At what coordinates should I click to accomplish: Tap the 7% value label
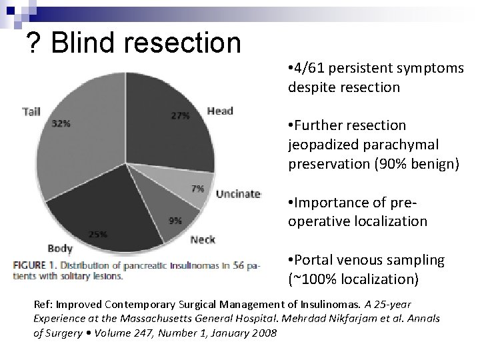(197, 189)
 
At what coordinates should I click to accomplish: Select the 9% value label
(175, 220)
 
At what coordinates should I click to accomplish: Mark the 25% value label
(99, 234)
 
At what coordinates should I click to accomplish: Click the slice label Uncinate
(237, 194)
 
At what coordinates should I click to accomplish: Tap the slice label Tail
(31, 111)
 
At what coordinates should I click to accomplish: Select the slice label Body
(60, 249)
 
